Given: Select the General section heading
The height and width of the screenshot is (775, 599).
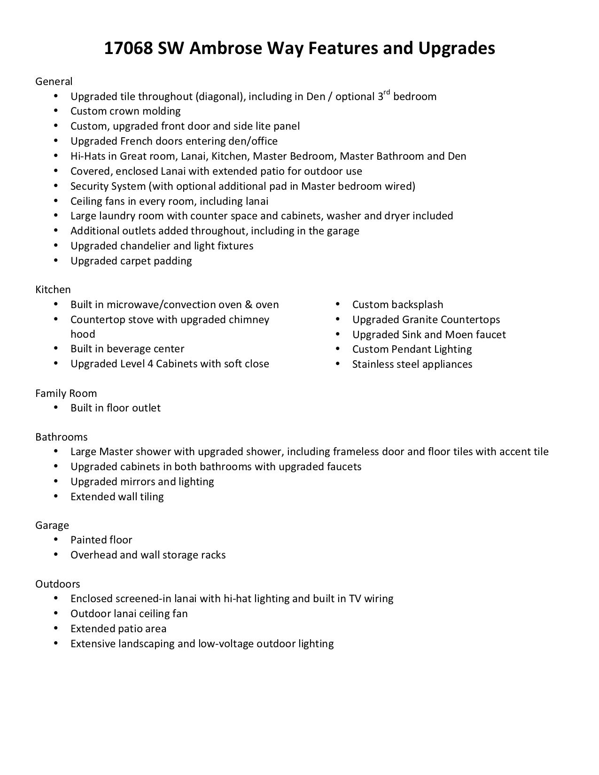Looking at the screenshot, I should point(54,82).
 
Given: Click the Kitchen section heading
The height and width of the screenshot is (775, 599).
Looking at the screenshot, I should point(53,290).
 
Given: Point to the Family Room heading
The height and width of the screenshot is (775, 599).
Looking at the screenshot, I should point(66,394).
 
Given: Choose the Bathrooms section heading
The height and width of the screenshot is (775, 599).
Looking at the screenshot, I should point(62,437).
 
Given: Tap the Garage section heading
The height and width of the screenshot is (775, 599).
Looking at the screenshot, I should point(52,526).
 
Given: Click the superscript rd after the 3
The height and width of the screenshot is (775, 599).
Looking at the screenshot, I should point(387,92).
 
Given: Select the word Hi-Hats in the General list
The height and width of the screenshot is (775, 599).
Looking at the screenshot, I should point(88,156).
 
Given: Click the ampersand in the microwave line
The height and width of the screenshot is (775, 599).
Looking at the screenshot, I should point(249,305).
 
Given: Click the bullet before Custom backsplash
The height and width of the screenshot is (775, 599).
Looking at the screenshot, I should point(338,304).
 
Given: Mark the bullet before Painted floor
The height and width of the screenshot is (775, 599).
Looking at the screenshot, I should point(56,539).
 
